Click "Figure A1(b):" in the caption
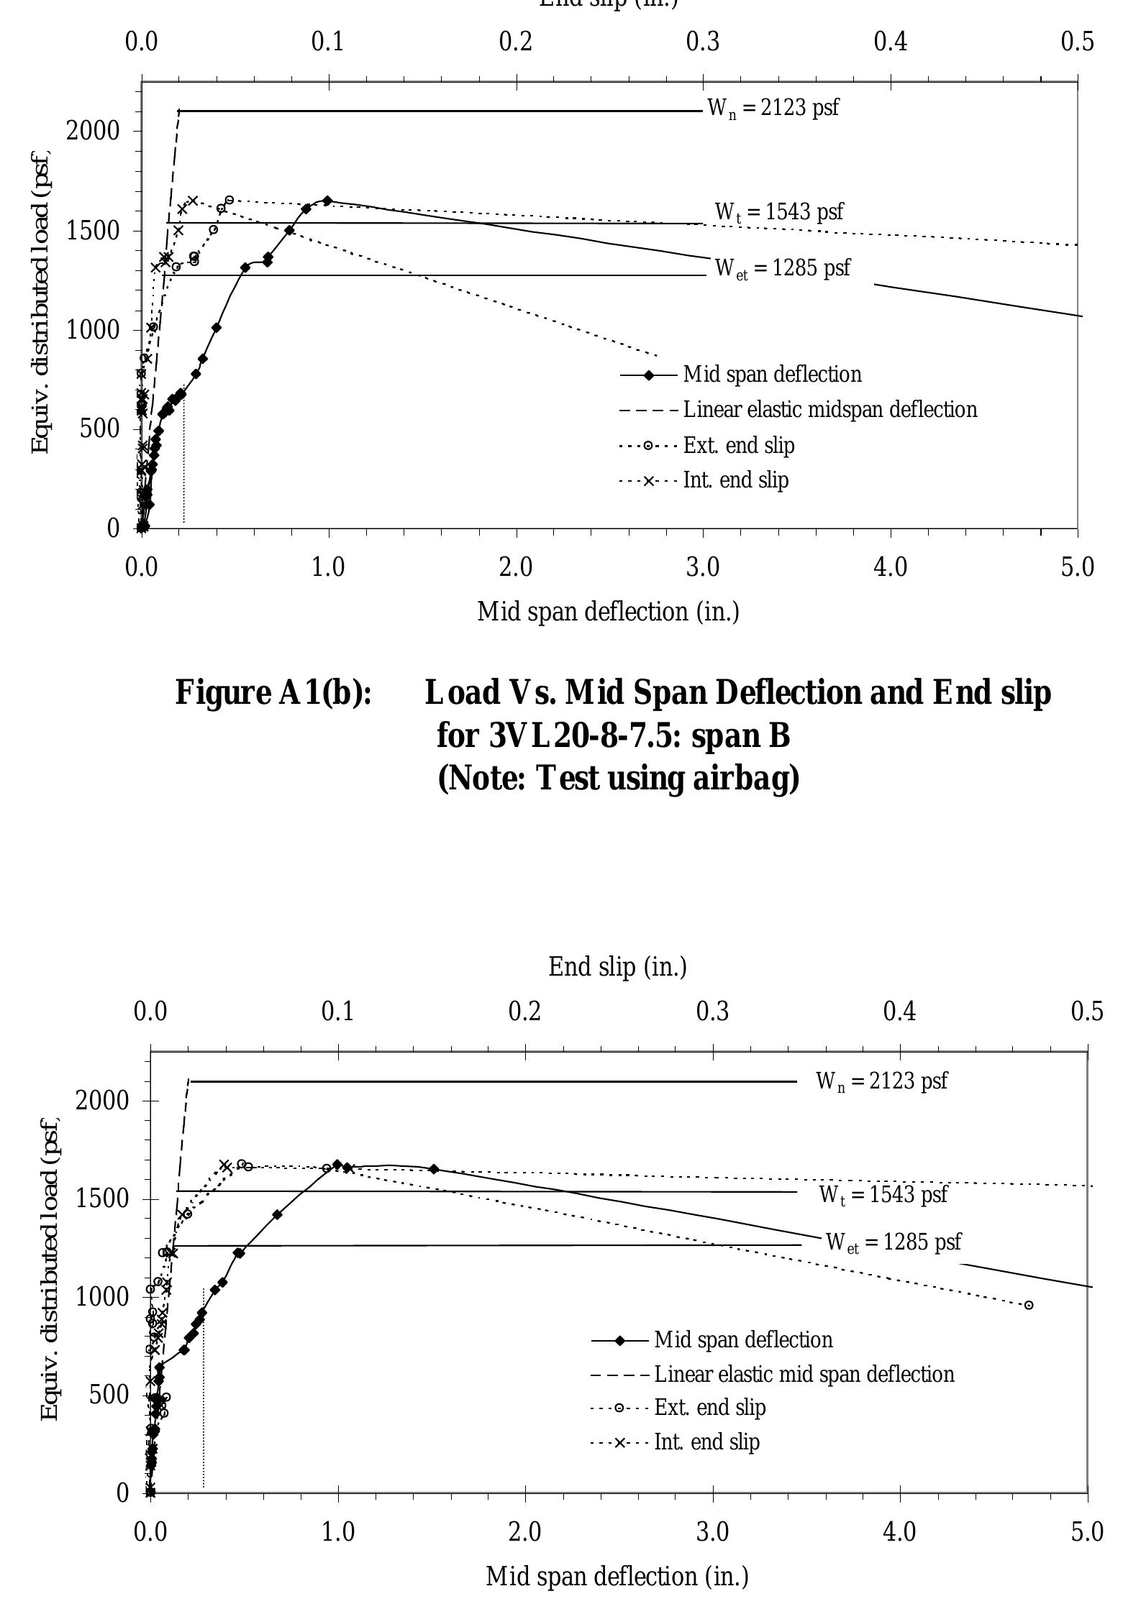tap(273, 692)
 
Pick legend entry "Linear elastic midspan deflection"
tap(829, 410)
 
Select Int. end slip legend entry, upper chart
tap(735, 480)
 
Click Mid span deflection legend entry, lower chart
tap(743, 1339)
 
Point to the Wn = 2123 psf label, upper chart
tap(773, 109)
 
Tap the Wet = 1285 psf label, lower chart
tap(894, 1242)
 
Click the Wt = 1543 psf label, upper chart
tap(778, 212)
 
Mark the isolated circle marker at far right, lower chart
tap(1029, 1305)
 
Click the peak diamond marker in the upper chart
tap(327, 201)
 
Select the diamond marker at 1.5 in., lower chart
tap(434, 1169)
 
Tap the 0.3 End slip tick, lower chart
tap(712, 1012)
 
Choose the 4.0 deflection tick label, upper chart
tap(891, 567)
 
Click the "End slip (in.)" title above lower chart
tap(617, 967)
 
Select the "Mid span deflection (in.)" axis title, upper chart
tap(608, 612)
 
